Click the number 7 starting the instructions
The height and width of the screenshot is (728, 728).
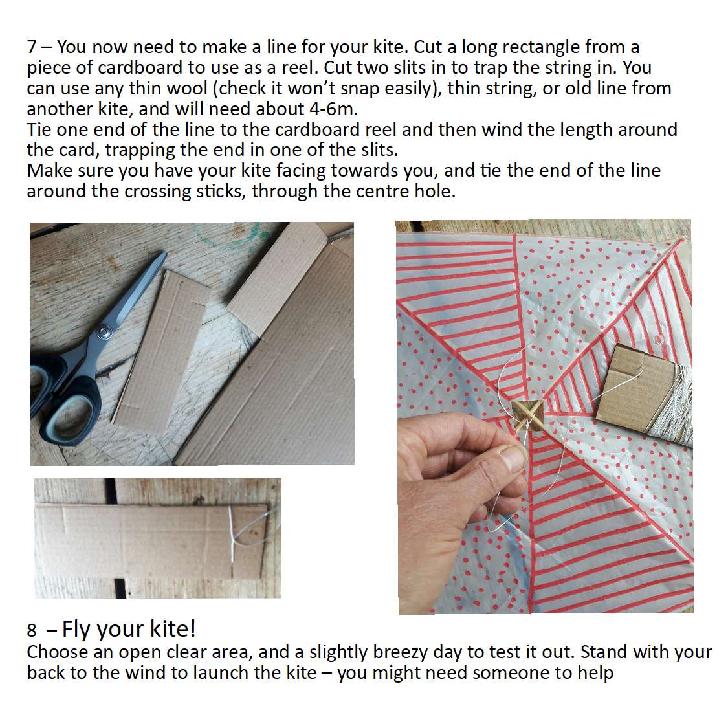32,47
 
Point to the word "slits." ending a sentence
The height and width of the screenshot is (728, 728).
375,149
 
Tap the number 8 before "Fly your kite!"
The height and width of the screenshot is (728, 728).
32,630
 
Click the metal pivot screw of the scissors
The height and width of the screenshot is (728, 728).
105,333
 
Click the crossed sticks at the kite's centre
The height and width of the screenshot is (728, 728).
527,415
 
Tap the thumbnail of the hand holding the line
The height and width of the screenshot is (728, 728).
514,457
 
